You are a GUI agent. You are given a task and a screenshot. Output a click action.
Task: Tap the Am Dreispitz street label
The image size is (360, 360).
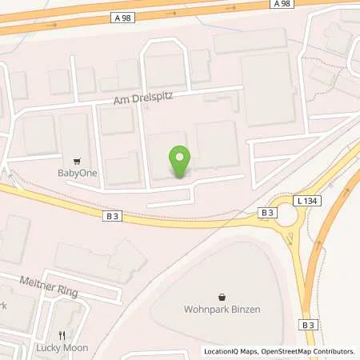pyautogui.click(x=143, y=95)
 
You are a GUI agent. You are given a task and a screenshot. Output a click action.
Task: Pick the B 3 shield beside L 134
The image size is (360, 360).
pyautogui.click(x=267, y=212)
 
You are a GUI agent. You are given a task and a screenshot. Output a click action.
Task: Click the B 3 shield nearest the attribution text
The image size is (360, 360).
pyautogui.click(x=308, y=325)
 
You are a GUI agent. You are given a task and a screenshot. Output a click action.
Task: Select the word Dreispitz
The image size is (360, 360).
pyautogui.click(x=152, y=95)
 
